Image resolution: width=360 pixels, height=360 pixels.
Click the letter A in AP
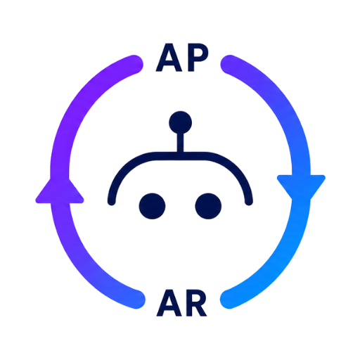[169, 58]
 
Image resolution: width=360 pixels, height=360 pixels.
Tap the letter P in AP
[198, 58]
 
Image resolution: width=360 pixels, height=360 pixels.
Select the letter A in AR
[169, 303]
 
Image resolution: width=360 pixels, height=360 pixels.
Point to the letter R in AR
[196, 303]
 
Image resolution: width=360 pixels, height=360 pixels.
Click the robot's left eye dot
[152, 206]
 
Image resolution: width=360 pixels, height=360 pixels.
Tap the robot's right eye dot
[208, 206]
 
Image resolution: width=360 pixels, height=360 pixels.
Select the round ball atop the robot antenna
[180, 122]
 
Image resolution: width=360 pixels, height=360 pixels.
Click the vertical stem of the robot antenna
[180, 143]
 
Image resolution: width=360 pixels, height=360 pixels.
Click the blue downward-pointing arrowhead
[301, 187]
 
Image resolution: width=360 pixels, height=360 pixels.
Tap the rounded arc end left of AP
[134, 64]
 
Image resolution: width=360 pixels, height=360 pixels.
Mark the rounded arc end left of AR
[136, 300]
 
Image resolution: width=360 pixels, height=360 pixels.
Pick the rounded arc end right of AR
[229, 300]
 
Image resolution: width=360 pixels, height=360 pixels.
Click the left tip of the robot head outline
[112, 202]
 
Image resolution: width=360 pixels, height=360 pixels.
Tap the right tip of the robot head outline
[249, 202]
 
